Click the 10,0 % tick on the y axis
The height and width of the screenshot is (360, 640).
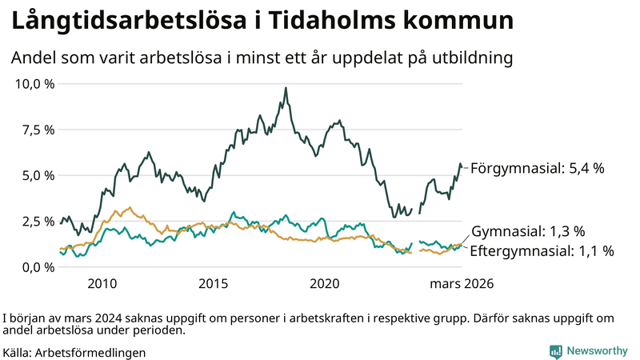(x=34, y=83)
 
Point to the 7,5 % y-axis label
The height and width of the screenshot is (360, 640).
(x=37, y=130)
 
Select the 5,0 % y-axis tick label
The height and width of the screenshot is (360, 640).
(x=37, y=175)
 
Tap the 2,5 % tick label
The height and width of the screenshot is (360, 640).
(x=37, y=222)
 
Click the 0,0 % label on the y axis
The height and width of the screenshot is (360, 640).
(x=37, y=267)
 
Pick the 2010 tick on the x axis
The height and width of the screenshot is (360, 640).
(x=102, y=284)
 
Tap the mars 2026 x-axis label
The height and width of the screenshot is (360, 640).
(x=462, y=284)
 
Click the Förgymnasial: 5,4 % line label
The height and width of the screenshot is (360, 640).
(x=537, y=168)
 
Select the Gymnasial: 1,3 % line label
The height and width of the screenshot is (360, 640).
(x=528, y=231)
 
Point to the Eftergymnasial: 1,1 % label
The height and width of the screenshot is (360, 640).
(x=542, y=251)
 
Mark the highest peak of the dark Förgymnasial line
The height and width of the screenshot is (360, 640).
(x=286, y=88)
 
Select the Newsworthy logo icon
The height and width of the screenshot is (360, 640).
(x=555, y=351)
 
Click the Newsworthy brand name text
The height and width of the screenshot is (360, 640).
(x=597, y=351)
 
